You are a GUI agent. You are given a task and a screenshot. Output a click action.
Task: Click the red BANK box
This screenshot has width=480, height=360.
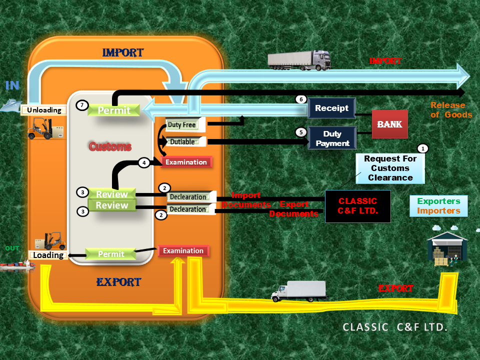point(389,124)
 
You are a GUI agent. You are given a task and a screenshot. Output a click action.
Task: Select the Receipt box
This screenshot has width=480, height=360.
point(332,108)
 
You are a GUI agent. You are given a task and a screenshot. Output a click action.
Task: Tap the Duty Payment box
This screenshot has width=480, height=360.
point(332,138)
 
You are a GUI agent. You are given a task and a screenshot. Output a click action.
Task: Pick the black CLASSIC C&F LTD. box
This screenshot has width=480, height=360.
point(357,206)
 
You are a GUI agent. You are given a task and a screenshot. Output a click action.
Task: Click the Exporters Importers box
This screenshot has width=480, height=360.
point(438,206)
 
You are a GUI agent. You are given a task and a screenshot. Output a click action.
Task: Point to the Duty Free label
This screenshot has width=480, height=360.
point(181,124)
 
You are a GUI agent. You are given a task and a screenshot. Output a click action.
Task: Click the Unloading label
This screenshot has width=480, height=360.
point(44,110)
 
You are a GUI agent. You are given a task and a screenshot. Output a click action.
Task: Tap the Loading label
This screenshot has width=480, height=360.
point(48,255)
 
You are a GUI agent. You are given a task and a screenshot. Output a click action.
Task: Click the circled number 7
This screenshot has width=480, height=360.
point(82,105)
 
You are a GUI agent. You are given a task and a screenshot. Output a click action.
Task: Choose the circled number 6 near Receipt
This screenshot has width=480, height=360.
point(300,99)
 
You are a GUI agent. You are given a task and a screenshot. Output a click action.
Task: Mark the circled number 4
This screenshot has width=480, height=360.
point(144,162)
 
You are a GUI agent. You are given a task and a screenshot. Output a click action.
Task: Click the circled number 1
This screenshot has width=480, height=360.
point(423,148)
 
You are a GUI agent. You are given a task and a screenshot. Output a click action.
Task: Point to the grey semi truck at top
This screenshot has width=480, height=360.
point(299,59)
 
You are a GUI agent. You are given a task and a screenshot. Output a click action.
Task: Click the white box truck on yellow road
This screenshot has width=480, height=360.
point(298,291)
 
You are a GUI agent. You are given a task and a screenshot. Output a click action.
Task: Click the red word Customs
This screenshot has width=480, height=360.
point(110,146)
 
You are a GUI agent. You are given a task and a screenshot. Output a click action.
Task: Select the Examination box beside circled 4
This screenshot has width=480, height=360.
point(186,162)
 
